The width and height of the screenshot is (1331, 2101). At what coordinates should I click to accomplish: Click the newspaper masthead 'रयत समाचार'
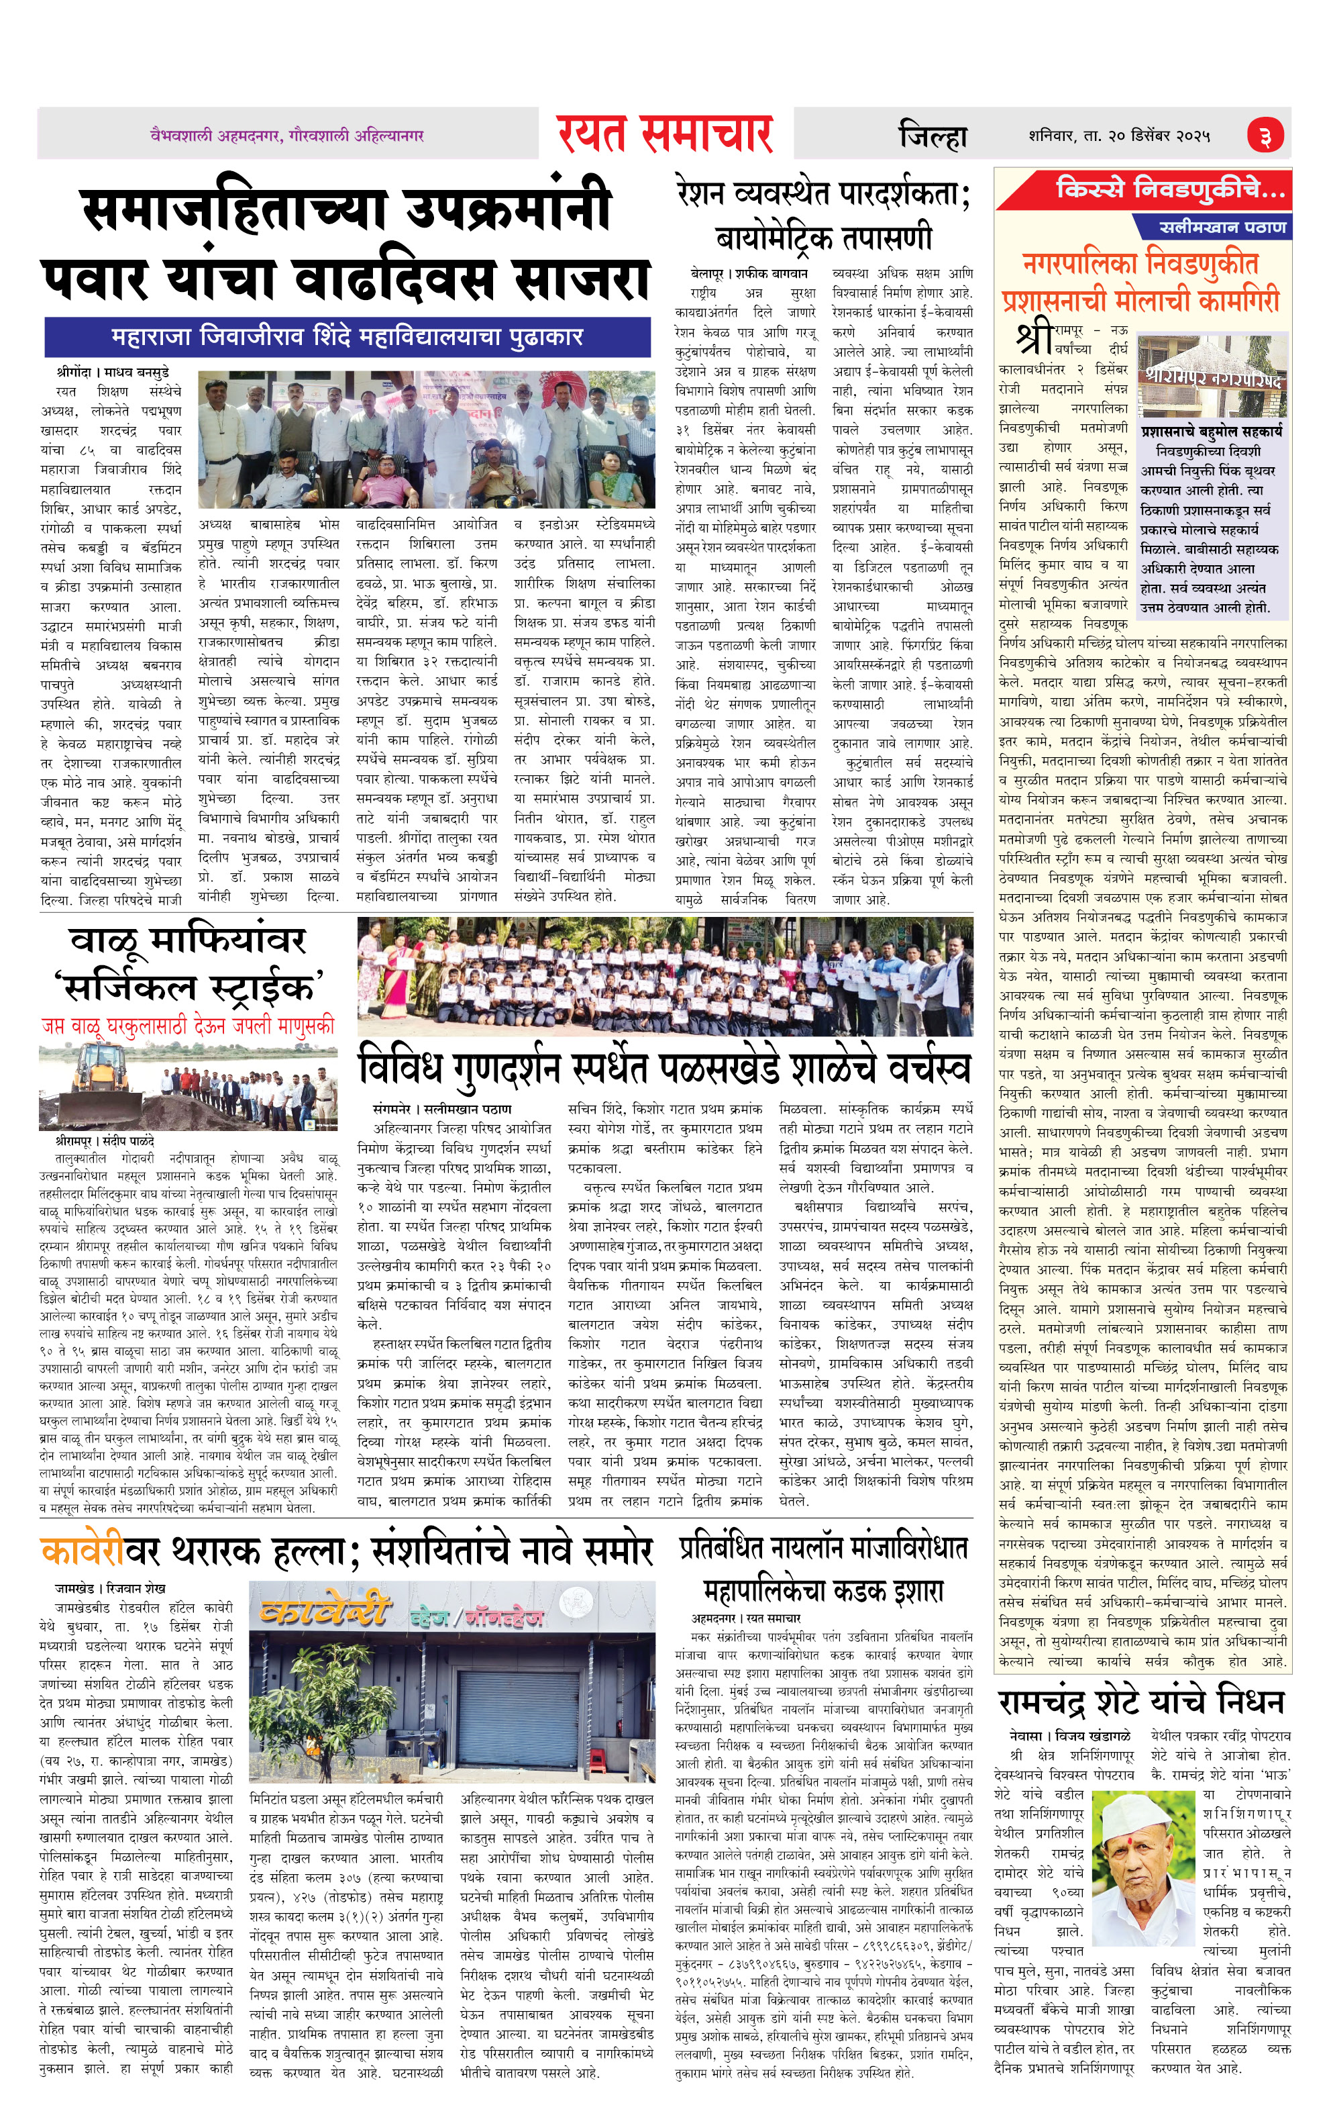tap(665, 133)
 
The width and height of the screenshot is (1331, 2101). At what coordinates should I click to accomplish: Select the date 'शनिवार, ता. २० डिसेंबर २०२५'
tap(1119, 136)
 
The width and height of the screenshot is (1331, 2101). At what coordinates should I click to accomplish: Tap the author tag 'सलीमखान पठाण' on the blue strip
tap(1222, 227)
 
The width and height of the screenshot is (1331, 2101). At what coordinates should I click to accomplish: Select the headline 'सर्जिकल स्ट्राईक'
tap(188, 986)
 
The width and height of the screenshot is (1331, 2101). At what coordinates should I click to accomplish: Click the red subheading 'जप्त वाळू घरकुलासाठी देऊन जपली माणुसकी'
tap(188, 1026)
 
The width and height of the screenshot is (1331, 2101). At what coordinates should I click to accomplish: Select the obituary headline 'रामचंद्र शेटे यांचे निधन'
tap(1141, 1702)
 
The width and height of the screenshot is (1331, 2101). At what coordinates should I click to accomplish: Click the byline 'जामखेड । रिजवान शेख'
tap(110, 1588)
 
